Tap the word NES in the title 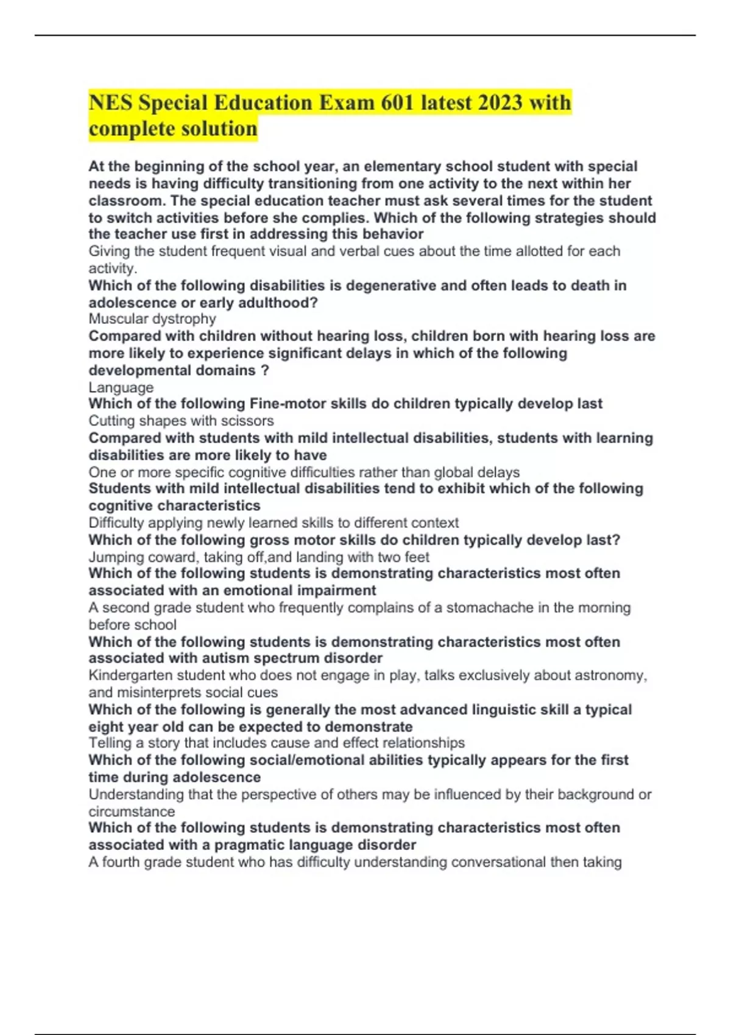(x=110, y=102)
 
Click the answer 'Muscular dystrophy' (x=152, y=319)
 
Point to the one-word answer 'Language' (x=121, y=387)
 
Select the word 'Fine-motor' (x=287, y=404)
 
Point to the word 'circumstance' (x=131, y=812)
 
